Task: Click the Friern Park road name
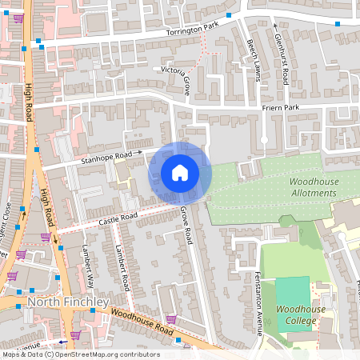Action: coord(279,107)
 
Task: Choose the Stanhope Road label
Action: coord(105,157)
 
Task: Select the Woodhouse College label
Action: coord(296,314)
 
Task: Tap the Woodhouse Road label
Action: coord(142,321)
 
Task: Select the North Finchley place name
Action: coord(67,302)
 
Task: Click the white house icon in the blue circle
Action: coord(180,173)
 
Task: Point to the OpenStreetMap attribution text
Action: coord(80,354)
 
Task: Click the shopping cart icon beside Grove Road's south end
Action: coord(170,318)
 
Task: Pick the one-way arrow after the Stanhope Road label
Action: coord(138,150)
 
